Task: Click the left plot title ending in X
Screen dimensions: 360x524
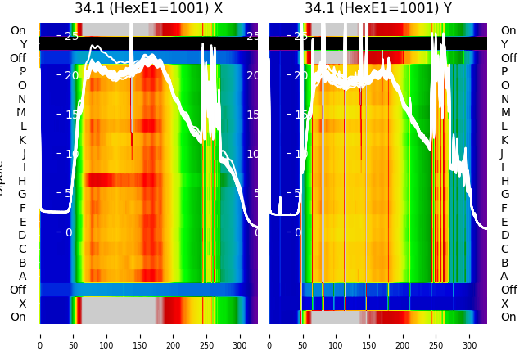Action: point(148,8)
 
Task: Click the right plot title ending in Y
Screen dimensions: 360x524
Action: point(378,8)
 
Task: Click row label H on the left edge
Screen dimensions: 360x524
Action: point(22,181)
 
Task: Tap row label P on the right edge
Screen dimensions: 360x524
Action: point(504,72)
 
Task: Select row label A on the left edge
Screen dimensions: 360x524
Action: point(22,277)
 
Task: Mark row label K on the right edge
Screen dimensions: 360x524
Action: point(504,140)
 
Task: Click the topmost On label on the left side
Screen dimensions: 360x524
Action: point(18,31)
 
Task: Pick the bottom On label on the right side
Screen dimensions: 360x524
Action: point(508,317)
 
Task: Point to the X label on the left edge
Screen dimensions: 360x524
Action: point(23,304)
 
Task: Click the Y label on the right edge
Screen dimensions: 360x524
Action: point(504,44)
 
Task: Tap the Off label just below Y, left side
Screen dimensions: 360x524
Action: point(18,58)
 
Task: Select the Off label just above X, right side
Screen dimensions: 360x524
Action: point(508,290)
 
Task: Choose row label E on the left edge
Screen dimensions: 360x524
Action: point(22,222)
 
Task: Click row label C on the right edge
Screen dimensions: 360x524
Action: point(504,249)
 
